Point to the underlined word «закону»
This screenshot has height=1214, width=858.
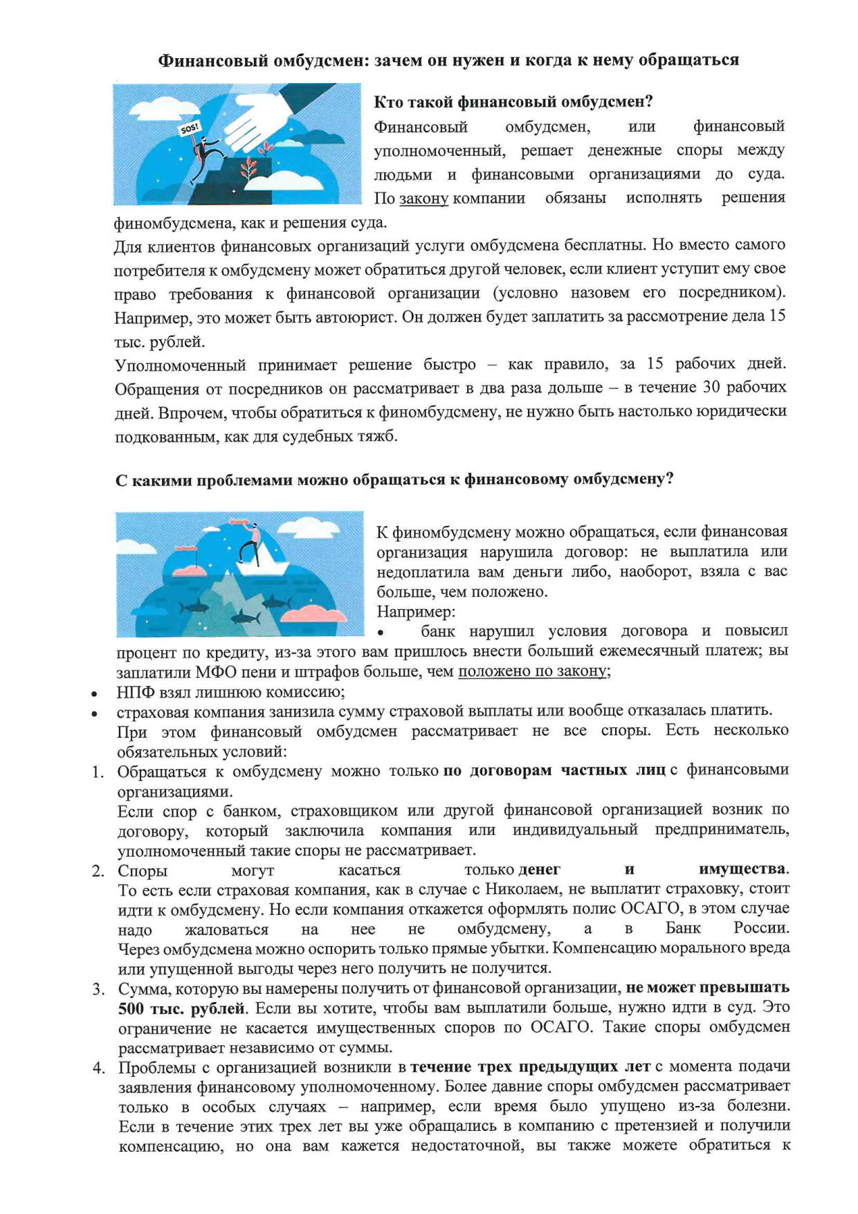423,199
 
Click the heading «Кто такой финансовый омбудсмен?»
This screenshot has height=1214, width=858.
513,102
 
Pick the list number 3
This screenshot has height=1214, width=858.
98,988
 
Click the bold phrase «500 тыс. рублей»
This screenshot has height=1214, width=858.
181,1008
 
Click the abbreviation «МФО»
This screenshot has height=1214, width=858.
217,671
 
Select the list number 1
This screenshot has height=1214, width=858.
98,772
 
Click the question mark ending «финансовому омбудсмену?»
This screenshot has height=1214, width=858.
669,479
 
